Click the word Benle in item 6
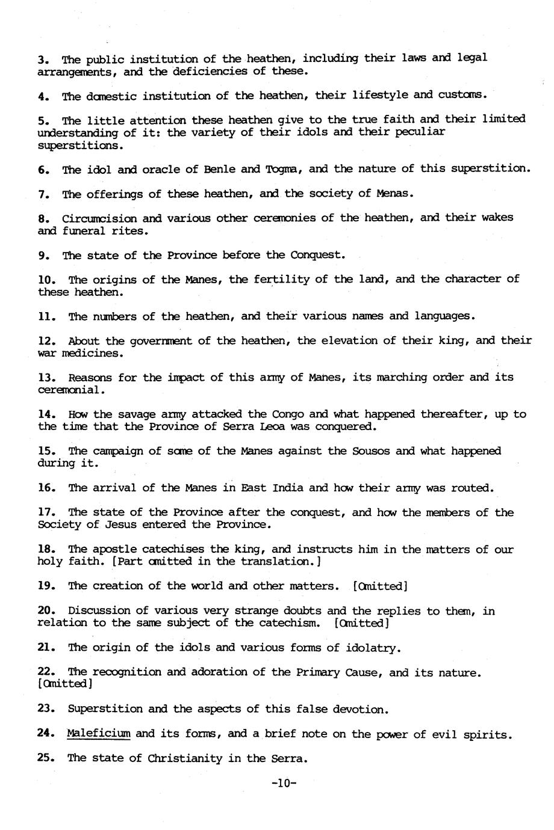219,169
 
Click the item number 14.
46,414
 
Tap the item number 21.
46,648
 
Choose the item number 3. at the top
43,59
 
